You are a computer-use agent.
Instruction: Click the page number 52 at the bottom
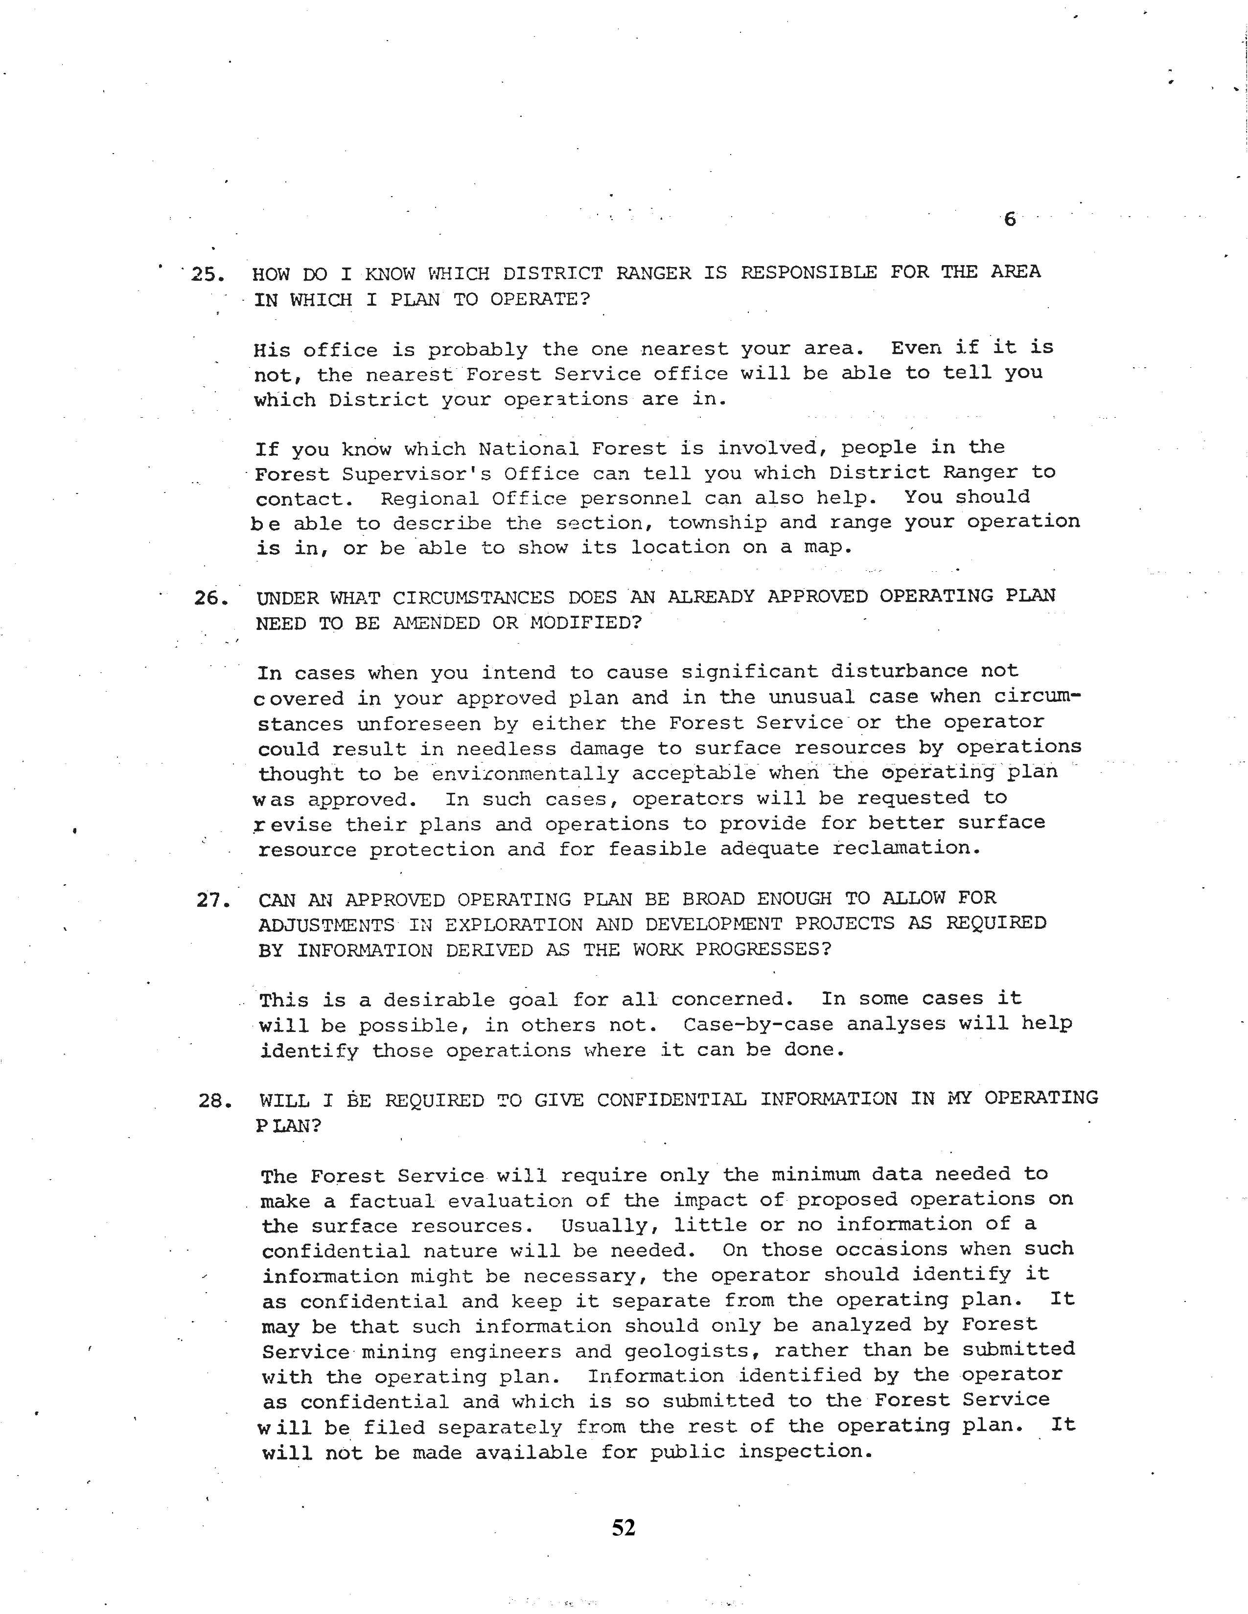tap(623, 1527)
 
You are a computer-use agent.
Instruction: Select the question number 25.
tap(207, 275)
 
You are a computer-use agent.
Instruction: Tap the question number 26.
tap(209, 599)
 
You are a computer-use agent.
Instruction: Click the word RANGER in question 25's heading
tap(653, 273)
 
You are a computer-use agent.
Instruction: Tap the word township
tap(717, 522)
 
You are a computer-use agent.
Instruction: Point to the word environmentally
tap(525, 774)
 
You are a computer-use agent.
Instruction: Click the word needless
tap(506, 749)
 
